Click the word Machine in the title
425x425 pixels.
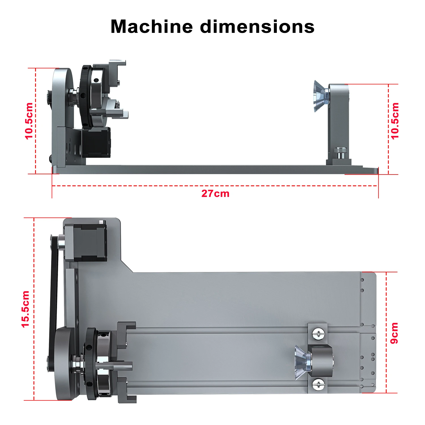pos(152,27)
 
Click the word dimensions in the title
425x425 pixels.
pos(257,27)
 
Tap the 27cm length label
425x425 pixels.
pos(215,194)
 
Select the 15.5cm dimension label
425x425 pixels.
pos(25,309)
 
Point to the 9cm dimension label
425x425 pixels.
pos(394,333)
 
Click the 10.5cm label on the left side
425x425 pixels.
pos(29,121)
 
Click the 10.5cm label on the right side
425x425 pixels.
pos(395,121)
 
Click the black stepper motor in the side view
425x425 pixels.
pos(96,142)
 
